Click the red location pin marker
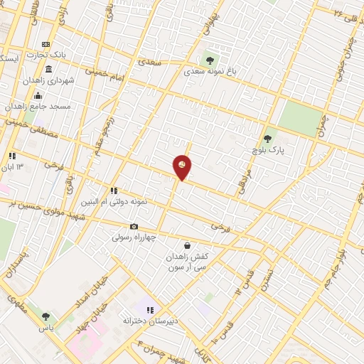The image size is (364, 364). (x=183, y=167)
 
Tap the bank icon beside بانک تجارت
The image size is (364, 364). (x=46, y=44)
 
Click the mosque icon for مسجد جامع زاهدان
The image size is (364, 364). (x=38, y=95)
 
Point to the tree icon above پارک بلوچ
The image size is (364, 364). (x=267, y=139)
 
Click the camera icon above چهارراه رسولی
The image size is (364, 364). (x=134, y=227)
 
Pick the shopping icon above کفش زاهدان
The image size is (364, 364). (x=187, y=246)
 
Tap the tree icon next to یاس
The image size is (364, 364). (x=46, y=317)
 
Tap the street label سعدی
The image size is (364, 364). (x=151, y=63)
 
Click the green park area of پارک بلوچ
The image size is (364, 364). (x=299, y=118)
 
